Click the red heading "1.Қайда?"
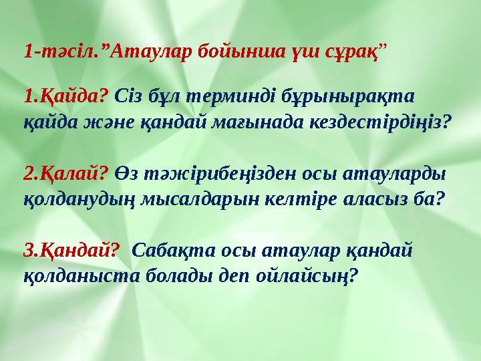(65, 97)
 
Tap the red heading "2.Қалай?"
(65, 174)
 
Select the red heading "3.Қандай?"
(71, 251)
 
